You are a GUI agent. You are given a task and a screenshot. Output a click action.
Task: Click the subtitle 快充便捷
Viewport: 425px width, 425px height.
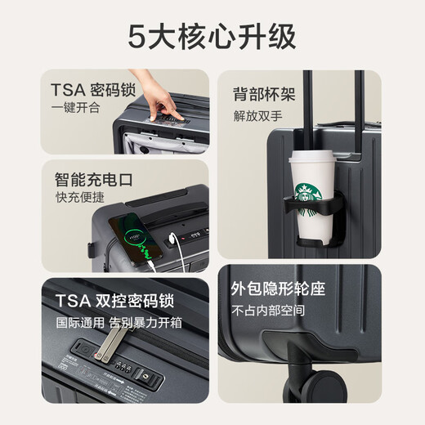coord(75,198)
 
